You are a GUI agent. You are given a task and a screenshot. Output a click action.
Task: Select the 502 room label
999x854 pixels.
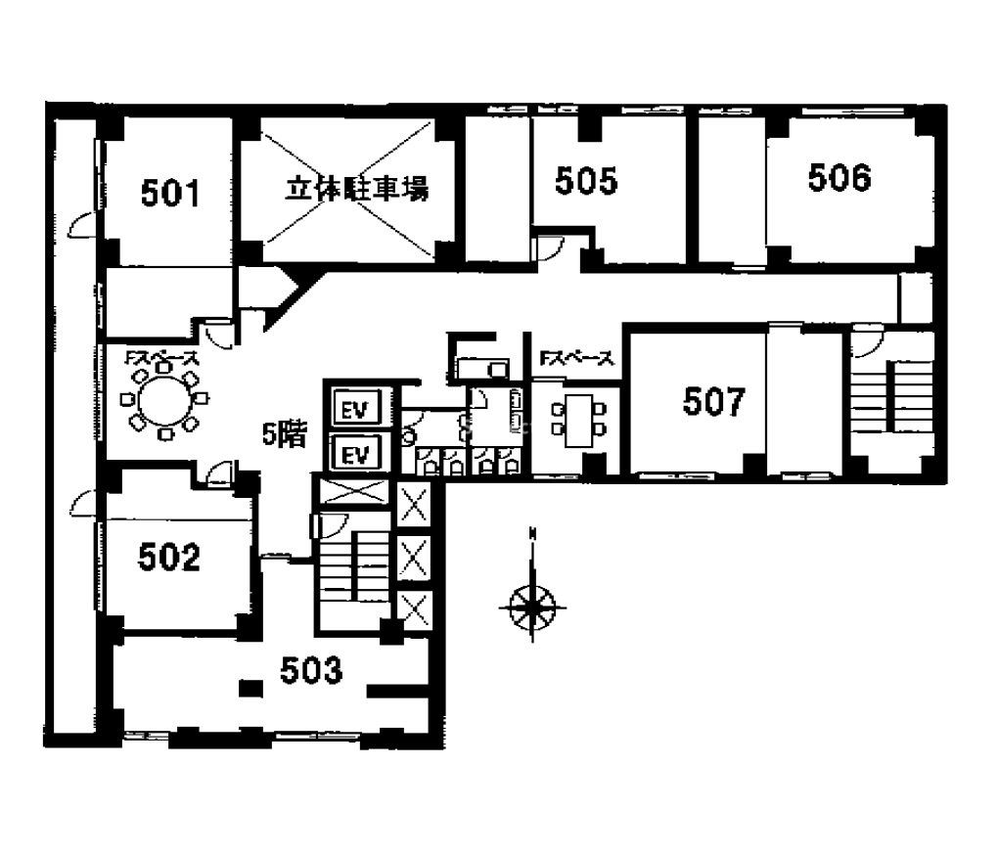(x=169, y=558)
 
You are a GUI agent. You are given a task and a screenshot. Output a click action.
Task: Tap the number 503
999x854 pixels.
(x=311, y=670)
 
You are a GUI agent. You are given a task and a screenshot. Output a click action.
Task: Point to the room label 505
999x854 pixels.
(x=586, y=180)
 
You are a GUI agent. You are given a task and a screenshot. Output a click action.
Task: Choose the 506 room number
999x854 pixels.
(x=840, y=177)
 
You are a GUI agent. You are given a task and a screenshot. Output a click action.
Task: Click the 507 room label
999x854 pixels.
(x=713, y=401)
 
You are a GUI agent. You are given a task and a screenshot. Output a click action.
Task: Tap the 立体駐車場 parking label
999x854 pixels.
(x=357, y=189)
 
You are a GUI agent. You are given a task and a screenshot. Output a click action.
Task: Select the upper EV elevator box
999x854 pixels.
(x=355, y=408)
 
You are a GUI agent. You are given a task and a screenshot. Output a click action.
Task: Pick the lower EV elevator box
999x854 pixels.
(x=355, y=453)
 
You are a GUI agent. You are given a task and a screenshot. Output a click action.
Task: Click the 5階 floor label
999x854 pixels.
(x=285, y=435)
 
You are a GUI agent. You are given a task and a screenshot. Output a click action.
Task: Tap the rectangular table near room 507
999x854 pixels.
(x=579, y=421)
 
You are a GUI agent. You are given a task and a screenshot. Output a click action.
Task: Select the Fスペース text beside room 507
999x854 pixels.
(x=576, y=359)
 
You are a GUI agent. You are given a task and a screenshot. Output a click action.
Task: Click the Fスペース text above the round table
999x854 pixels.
(x=161, y=360)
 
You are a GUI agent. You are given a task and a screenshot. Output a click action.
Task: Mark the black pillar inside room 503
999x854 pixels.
(x=251, y=688)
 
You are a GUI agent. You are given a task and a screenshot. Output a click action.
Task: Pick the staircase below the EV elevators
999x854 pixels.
(x=354, y=565)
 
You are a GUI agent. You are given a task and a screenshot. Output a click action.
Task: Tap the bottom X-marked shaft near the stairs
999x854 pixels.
(x=415, y=610)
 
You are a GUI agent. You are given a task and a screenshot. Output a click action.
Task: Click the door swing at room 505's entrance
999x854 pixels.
(x=549, y=248)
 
